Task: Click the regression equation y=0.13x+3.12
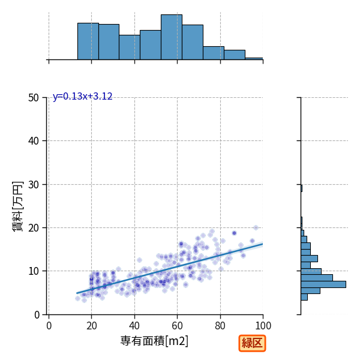coord(83,96)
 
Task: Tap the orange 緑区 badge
coord(252,343)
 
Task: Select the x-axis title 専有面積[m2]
coord(154,341)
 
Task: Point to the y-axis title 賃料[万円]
coord(17,206)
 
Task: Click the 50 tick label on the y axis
coord(34,98)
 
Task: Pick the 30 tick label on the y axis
coord(34,185)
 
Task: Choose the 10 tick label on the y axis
coord(34,271)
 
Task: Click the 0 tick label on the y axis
coord(37,315)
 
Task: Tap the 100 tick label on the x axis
coord(263,326)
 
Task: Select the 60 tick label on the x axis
coord(177,326)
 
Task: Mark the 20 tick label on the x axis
coord(91,326)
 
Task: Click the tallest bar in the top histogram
coord(172,37)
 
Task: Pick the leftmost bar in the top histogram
coord(88,41)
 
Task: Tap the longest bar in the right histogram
coord(323,284)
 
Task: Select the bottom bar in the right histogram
coord(304,297)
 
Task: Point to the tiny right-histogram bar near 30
coord(301,188)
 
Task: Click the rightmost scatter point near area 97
coord(256,227)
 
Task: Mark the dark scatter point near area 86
coord(234,233)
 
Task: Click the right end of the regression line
coord(263,244)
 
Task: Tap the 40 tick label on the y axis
coord(34,141)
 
